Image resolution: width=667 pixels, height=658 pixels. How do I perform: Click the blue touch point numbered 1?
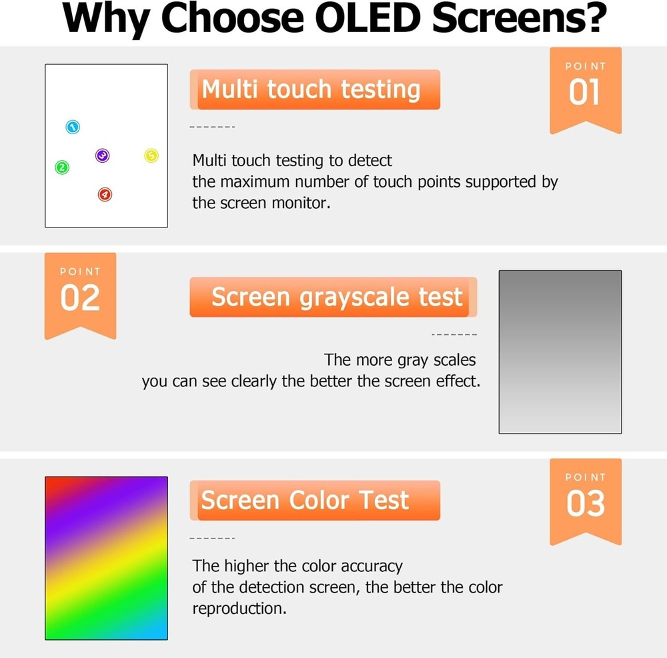click(x=73, y=127)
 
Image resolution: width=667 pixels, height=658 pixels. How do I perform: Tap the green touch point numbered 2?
click(x=61, y=168)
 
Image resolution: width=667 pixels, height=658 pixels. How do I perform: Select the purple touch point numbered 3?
click(x=102, y=156)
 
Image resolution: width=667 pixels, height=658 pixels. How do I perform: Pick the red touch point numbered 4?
click(x=105, y=195)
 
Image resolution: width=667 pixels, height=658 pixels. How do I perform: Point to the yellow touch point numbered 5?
click(x=151, y=156)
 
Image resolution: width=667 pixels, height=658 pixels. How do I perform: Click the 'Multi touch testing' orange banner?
click(x=314, y=89)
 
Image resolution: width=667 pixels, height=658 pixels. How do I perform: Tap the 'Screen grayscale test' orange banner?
click(x=333, y=297)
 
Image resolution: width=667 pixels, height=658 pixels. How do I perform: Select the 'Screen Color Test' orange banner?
click(x=314, y=501)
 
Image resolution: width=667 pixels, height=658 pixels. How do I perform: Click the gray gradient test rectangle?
click(x=560, y=352)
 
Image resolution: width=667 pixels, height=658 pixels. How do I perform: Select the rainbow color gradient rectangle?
click(x=106, y=558)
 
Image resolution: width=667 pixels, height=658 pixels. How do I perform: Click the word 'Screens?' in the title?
click(x=519, y=20)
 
